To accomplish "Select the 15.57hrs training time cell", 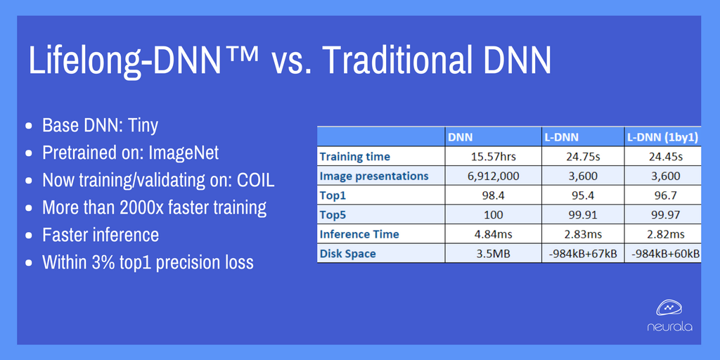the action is (x=493, y=157).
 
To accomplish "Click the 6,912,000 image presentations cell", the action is (x=493, y=176).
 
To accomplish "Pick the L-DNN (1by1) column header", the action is (x=662, y=137).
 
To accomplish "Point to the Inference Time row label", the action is (x=359, y=234).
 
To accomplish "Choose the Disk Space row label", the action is (x=347, y=253).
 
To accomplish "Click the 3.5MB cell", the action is (x=493, y=253).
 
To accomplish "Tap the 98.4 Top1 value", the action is (x=493, y=195).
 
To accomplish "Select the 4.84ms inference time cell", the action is (x=493, y=234).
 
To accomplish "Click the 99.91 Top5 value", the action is (x=583, y=214).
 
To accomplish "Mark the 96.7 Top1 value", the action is (x=662, y=195).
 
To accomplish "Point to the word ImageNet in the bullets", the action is (x=184, y=153).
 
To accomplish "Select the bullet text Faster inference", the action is (x=101, y=235).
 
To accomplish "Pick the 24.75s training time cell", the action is (x=583, y=157).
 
